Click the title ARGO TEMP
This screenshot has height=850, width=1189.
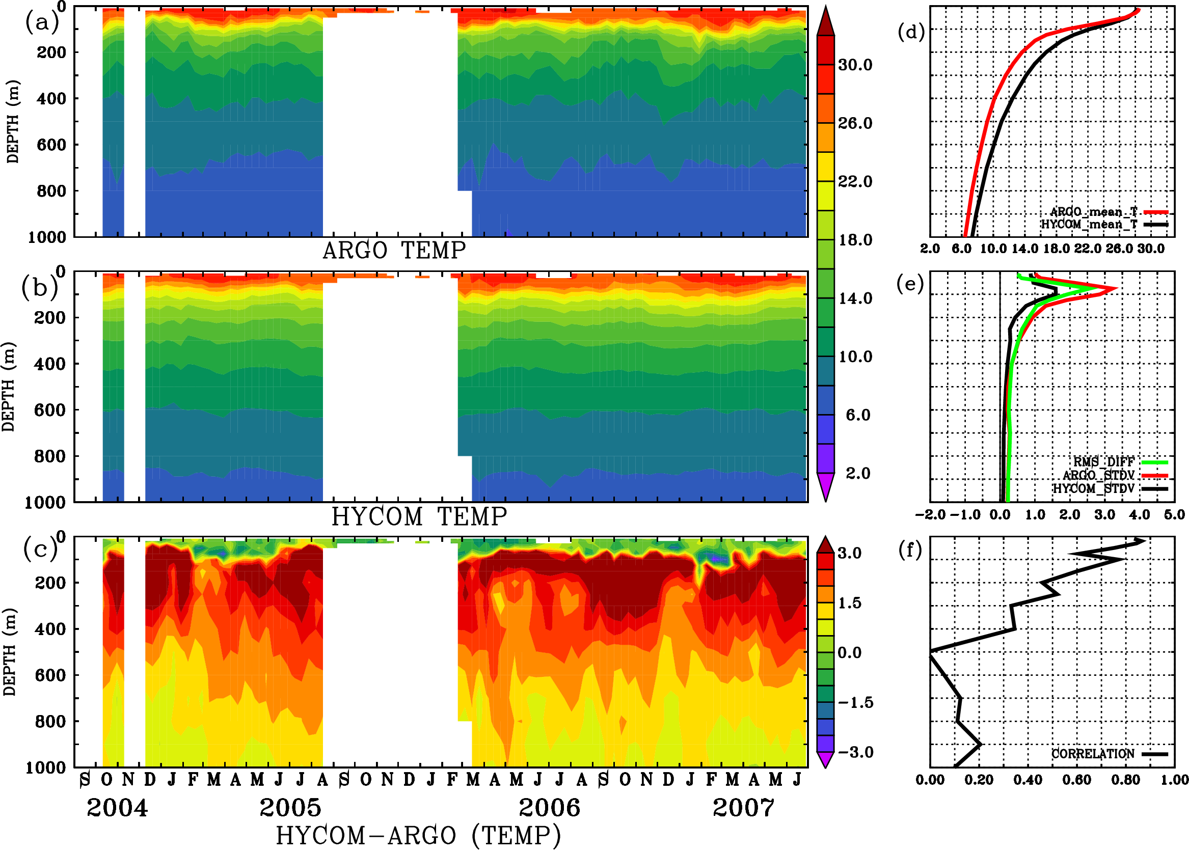click(x=394, y=251)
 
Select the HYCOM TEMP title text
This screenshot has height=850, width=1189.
click(x=419, y=516)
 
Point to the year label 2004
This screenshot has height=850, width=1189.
click(x=117, y=808)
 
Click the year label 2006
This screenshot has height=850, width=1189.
click(x=549, y=808)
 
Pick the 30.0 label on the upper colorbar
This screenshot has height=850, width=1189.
click(x=855, y=65)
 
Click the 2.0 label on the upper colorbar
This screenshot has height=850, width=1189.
click(x=857, y=473)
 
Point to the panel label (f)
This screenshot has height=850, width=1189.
click(x=910, y=550)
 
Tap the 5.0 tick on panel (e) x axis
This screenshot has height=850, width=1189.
click(x=1174, y=514)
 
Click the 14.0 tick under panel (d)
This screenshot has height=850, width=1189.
click(x=1024, y=249)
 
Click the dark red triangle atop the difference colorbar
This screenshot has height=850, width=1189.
click(x=826, y=544)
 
